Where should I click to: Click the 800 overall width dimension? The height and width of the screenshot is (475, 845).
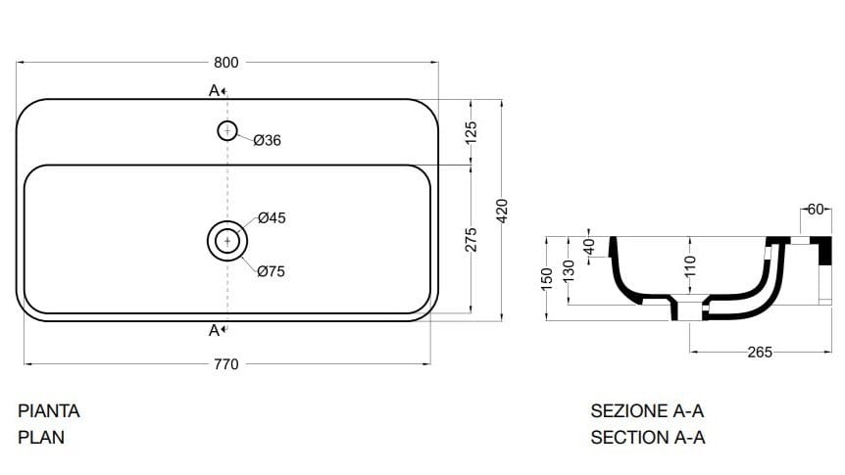[x=225, y=62]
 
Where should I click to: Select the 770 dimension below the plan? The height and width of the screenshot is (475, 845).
[x=225, y=364]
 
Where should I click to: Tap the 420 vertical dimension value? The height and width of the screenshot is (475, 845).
[x=502, y=210]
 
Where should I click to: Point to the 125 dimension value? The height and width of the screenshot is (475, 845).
[x=472, y=130]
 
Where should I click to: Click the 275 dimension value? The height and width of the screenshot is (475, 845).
[x=472, y=239]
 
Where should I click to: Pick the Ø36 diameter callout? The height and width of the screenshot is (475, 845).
[x=267, y=141]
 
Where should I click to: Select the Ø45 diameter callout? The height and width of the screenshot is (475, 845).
[x=272, y=218]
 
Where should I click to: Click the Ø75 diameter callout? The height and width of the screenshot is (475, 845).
[x=271, y=271]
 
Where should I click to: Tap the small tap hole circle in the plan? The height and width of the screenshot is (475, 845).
[x=227, y=130]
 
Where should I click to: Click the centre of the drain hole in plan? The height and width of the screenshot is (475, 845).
[x=227, y=240]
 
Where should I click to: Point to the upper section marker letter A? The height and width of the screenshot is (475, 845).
[x=214, y=90]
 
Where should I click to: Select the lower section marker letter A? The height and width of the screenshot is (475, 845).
[x=214, y=330]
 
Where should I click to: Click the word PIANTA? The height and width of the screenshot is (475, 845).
[x=49, y=411]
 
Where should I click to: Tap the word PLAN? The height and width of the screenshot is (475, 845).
[x=41, y=438]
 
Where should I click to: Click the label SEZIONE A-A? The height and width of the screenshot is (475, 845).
[x=647, y=411]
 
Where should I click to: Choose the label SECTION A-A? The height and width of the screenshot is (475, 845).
[x=647, y=438]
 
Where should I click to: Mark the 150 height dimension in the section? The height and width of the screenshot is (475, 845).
[x=548, y=277]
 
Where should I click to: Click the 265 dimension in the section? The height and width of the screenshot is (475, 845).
[x=760, y=352]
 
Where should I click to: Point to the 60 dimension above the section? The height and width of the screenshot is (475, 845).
[x=816, y=209]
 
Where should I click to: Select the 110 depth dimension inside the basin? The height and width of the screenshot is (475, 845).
[x=689, y=264]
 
